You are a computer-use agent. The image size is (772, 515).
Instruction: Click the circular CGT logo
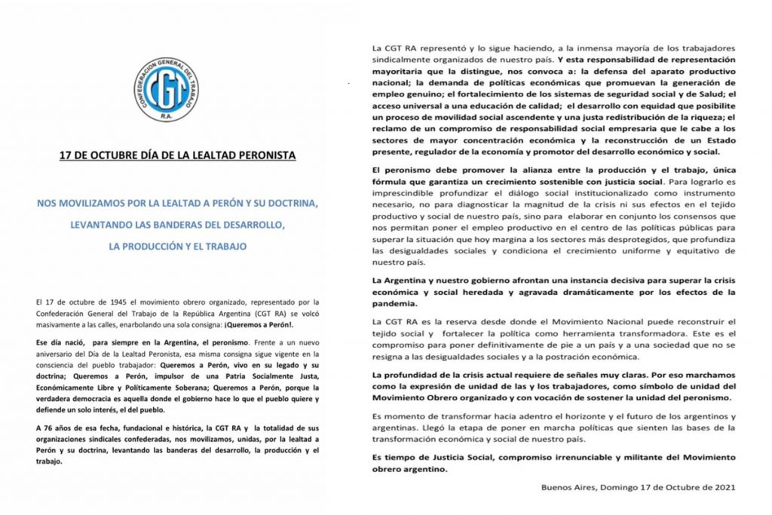pyautogui.click(x=167, y=89)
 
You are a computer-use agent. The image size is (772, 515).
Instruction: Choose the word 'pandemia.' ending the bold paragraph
pyautogui.click(x=396, y=303)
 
